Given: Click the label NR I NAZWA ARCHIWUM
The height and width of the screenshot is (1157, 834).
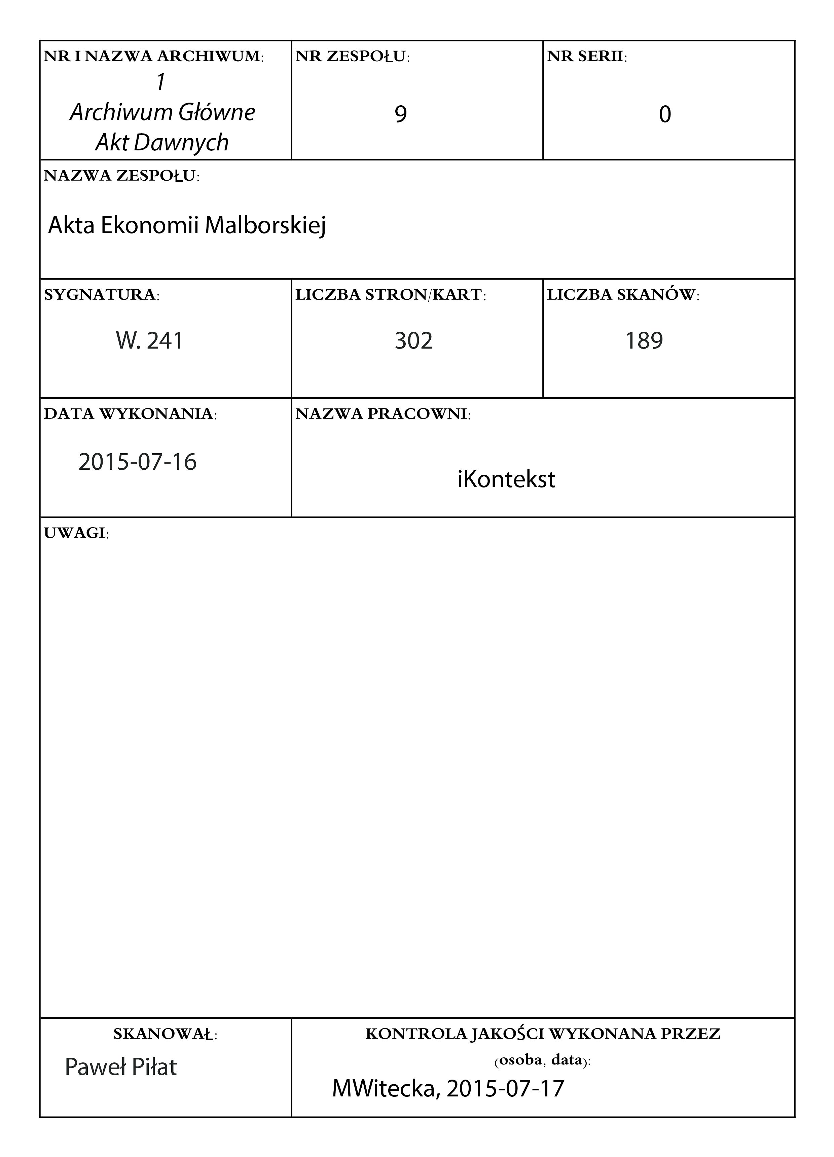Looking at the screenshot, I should [x=153, y=57].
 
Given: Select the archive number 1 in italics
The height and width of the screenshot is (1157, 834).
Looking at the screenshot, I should [x=161, y=82].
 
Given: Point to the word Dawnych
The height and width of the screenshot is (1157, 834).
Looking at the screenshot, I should [x=181, y=142].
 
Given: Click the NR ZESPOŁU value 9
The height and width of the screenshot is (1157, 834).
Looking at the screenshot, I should [x=401, y=114].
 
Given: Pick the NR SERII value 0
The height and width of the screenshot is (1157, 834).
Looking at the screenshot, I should [x=665, y=114].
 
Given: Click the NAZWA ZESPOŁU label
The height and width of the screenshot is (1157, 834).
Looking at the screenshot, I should [x=121, y=176].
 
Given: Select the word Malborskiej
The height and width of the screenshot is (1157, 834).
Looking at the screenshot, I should [x=265, y=225].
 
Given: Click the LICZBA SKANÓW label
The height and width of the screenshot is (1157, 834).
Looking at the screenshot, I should [x=623, y=295].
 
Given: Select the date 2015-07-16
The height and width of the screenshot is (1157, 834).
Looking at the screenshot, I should [x=138, y=462].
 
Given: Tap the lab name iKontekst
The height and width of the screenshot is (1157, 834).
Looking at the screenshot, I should [x=506, y=479].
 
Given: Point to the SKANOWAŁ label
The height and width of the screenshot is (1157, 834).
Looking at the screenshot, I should [x=165, y=1035].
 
